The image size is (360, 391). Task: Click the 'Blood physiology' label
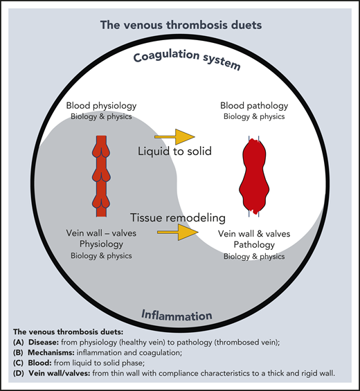101,106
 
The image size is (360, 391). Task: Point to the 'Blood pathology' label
251,106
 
